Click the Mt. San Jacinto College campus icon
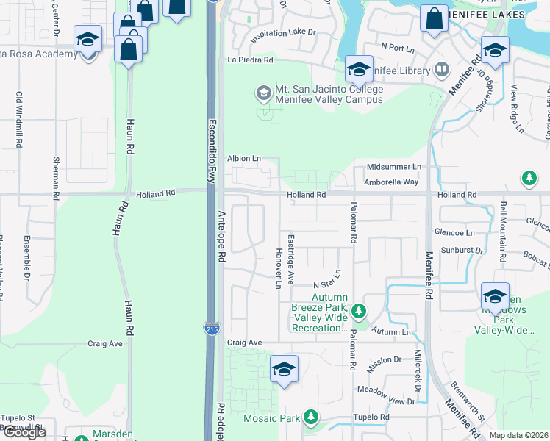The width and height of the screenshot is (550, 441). pos(262,93)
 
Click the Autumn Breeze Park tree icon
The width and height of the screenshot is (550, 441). pos(359,312)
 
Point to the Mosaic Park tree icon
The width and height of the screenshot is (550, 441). pos(311,417)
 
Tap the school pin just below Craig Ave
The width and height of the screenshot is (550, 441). pos(283,370)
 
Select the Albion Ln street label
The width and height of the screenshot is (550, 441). pos(244,158)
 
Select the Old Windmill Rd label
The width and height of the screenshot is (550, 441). pos(20,118)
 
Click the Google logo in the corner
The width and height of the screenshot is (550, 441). pos(24,432)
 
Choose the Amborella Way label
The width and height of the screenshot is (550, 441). pos(392,182)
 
